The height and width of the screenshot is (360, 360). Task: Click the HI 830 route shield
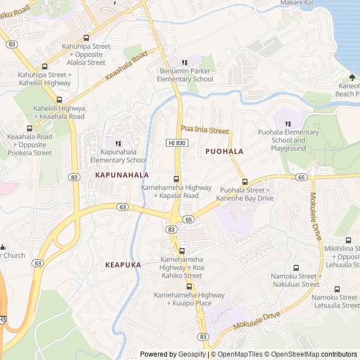coord(177,143)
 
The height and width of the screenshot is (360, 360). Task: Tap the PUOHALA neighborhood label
coord(224,151)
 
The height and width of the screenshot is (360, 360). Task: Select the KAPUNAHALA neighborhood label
coord(122,175)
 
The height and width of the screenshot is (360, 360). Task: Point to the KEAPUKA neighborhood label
coord(123,264)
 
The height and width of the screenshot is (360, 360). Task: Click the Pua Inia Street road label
coord(205,130)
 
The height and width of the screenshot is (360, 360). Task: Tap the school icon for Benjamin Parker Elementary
coord(184,62)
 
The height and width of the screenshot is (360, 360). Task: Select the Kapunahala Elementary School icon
coord(118,143)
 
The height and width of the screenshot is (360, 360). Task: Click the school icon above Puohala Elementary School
coord(288,124)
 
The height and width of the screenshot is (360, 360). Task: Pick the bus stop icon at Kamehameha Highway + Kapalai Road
coord(176,179)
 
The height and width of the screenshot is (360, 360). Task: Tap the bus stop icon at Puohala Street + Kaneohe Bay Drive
coord(245,182)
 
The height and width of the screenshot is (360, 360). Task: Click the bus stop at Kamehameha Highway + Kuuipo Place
coord(190,286)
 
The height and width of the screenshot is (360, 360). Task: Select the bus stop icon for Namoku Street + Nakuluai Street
coord(296,268)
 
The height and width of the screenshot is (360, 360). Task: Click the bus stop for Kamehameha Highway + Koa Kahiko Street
coord(181,251)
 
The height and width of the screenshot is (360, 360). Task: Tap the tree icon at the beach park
coord(352,77)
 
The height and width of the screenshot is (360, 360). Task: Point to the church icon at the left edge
coord(3,247)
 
